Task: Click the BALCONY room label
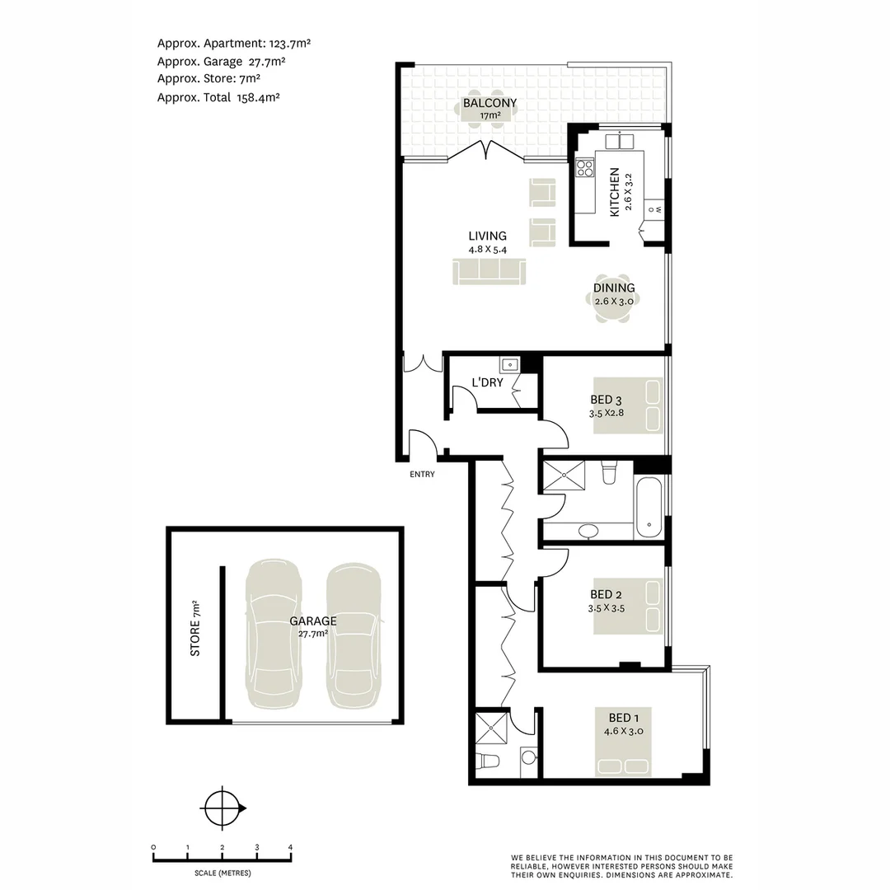pos(489,104)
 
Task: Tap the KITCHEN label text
pos(614,192)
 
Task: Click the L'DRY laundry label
pos(487,382)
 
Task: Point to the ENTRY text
pos(421,474)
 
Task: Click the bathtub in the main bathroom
pos(649,509)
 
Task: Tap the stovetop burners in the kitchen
pos(585,168)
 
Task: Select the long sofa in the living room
pos(489,271)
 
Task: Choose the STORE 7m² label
pos(195,628)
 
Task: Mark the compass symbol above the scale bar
pos(222,808)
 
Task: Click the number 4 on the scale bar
pos(290,847)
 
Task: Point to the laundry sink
pos(508,363)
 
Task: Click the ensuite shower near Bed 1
pos(494,728)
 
